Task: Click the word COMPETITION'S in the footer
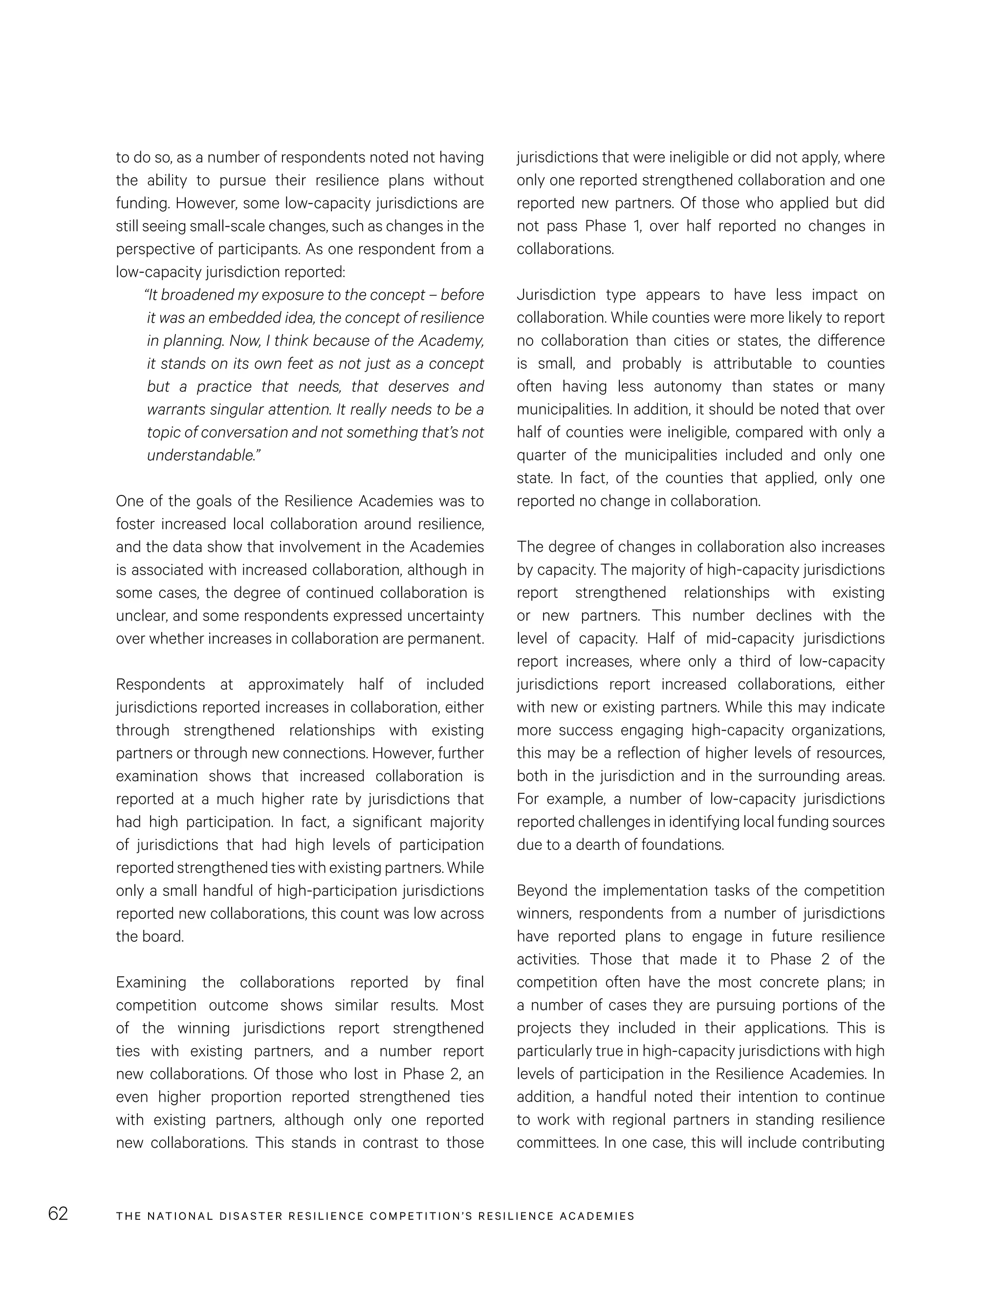420,1216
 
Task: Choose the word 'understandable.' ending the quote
203,456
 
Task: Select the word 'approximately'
295,685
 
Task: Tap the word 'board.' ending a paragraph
150,937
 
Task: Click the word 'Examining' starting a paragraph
151,982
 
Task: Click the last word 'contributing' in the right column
843,1143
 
